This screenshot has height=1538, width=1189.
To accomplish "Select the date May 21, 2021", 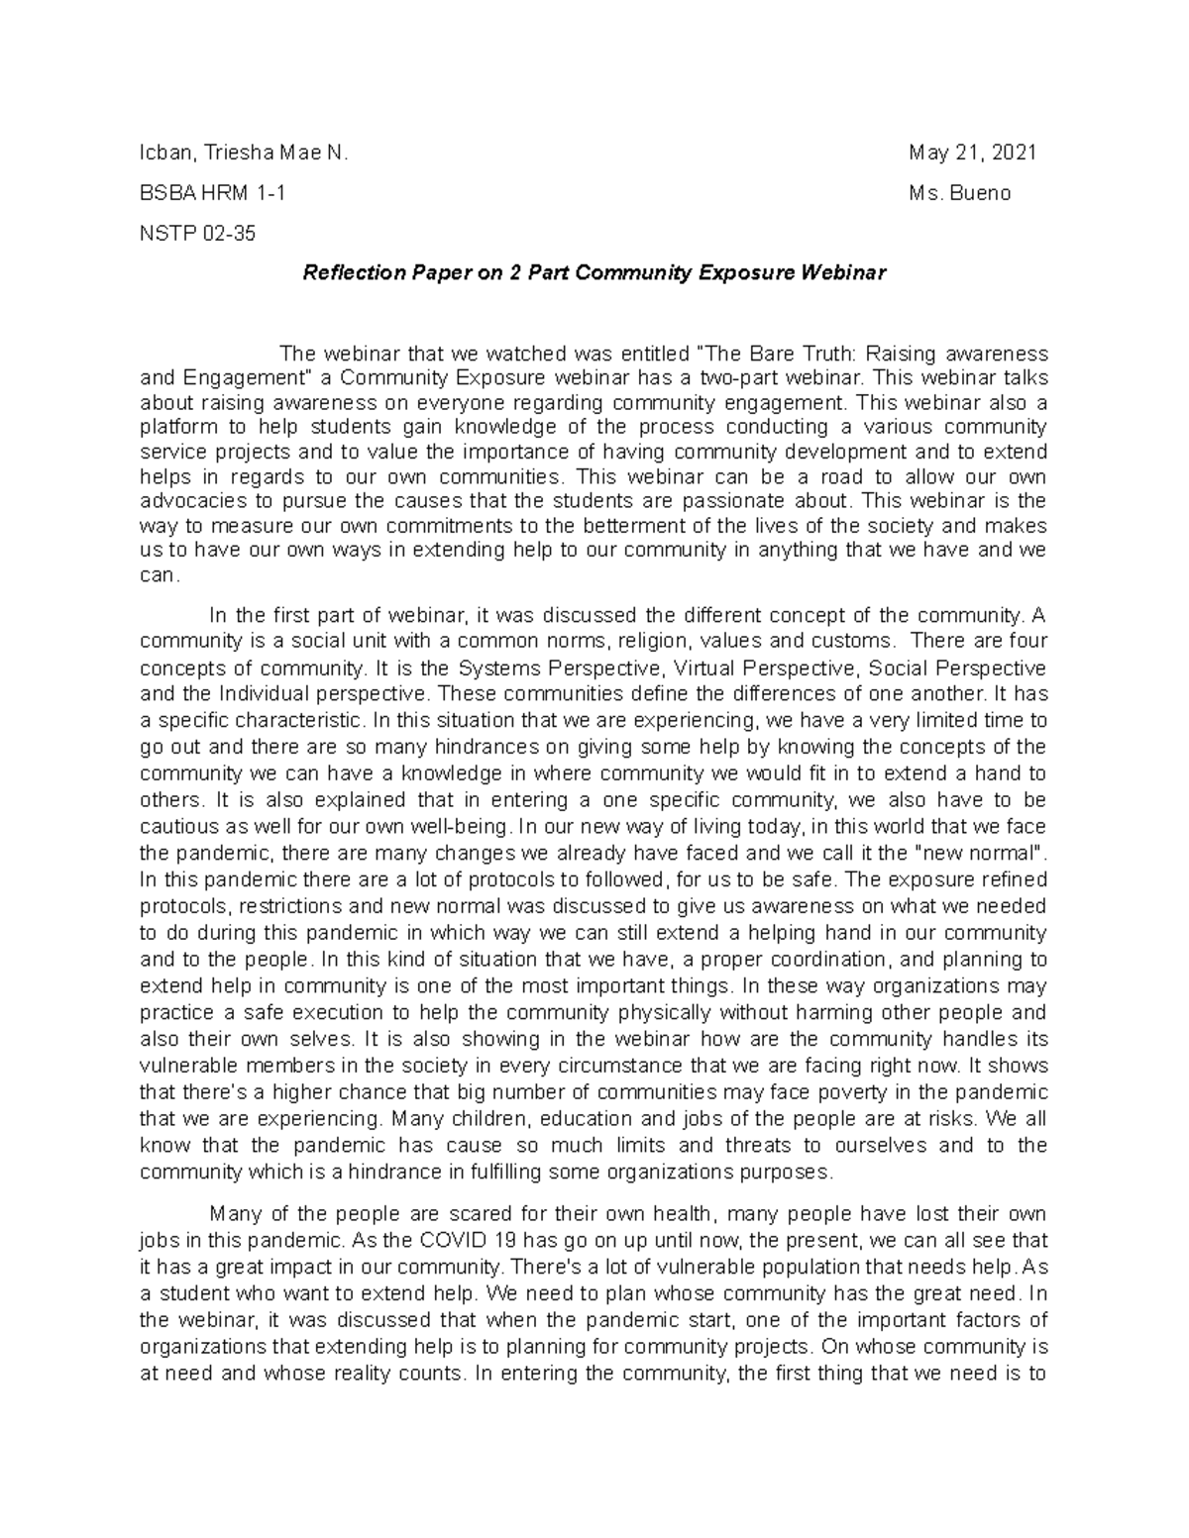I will (972, 154).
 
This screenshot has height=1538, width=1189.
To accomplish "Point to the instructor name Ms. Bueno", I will (959, 194).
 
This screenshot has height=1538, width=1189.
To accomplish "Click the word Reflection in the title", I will (348, 273).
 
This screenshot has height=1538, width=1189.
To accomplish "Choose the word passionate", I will (763, 501).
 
